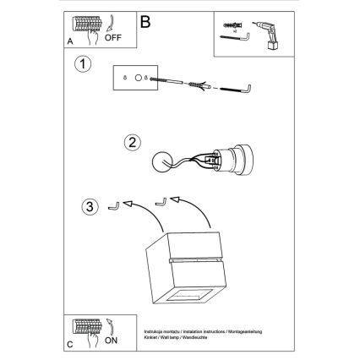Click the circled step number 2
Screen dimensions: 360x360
coord(132,142)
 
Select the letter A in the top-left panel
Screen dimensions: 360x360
coord(71,40)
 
